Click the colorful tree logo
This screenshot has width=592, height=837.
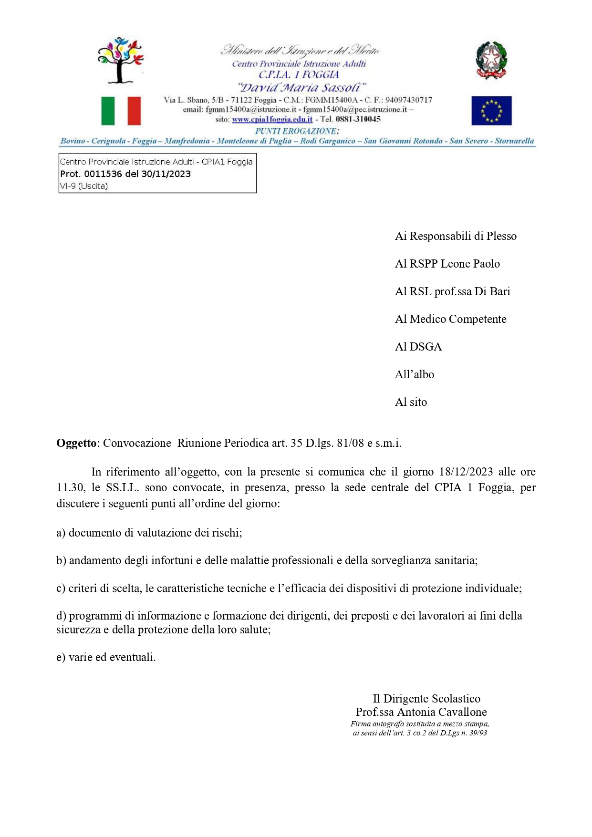pyautogui.click(x=120, y=60)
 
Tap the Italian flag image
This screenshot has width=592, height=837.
pyautogui.click(x=121, y=111)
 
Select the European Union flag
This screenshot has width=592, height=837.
pyautogui.click(x=491, y=111)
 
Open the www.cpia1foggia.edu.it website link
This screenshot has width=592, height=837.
pyautogui.click(x=272, y=119)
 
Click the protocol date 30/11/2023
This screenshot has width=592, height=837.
pyautogui.click(x=166, y=174)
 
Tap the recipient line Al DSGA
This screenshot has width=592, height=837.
pyautogui.click(x=418, y=347)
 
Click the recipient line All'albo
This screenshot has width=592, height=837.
pyautogui.click(x=415, y=374)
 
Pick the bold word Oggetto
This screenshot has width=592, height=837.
pyautogui.click(x=76, y=443)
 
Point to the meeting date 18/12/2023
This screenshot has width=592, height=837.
pyautogui.click(x=466, y=472)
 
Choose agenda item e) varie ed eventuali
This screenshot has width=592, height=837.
pyautogui.click(x=106, y=657)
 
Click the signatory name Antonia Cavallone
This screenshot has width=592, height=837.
pyautogui.click(x=442, y=712)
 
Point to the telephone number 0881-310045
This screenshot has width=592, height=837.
pyautogui.click(x=358, y=119)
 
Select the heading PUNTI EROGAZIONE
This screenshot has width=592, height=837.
pyautogui.click(x=296, y=131)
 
